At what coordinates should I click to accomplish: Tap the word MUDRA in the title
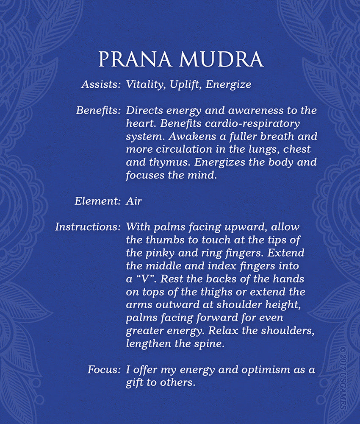[222, 60]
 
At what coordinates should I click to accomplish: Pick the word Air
[133, 201]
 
